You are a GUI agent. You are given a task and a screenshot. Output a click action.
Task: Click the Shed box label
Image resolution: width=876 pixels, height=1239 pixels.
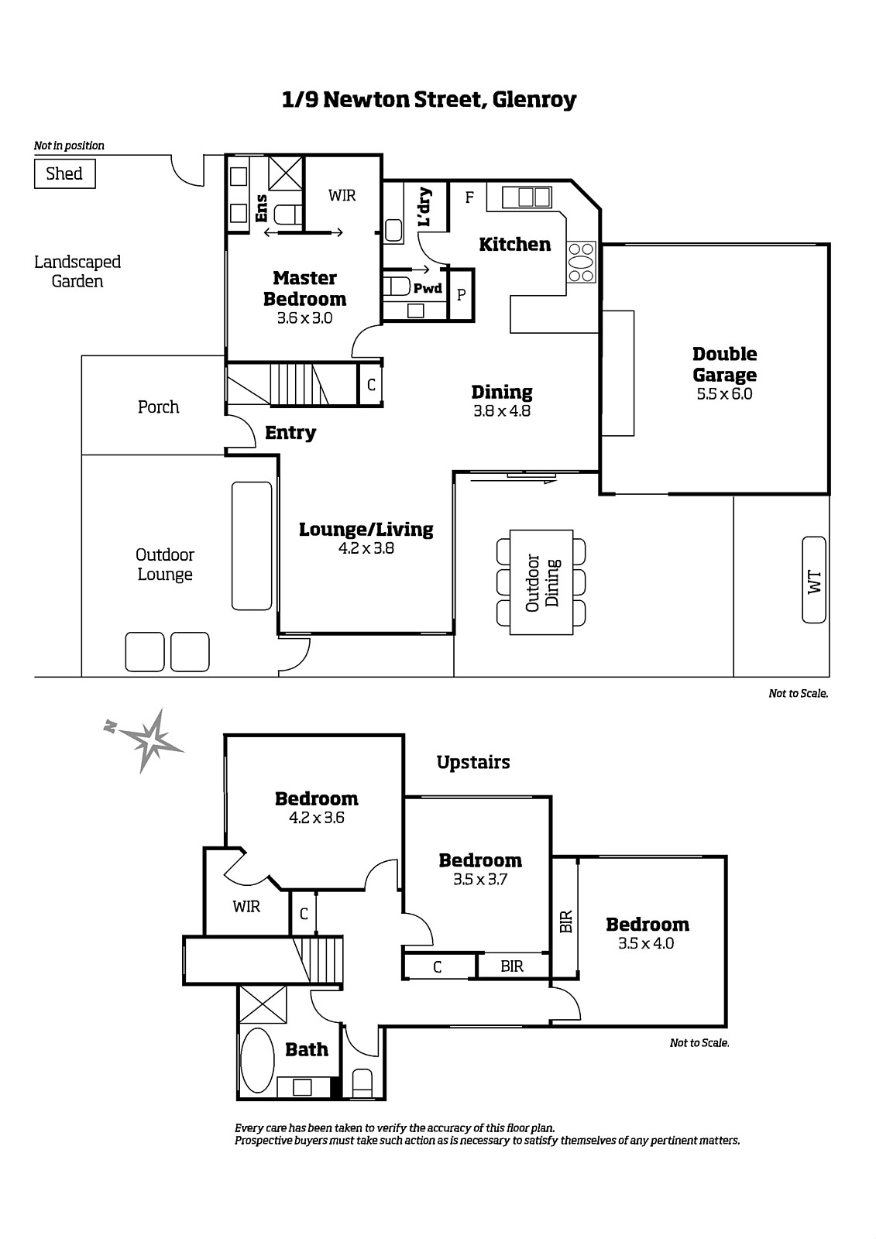click(x=64, y=173)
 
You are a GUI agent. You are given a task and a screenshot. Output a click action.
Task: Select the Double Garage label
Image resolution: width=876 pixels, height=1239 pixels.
click(x=724, y=364)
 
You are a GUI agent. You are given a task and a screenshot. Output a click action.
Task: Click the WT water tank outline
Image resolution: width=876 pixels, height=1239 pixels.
click(x=813, y=580)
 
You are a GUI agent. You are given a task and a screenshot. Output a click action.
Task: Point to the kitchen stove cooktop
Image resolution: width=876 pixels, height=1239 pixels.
click(x=581, y=263)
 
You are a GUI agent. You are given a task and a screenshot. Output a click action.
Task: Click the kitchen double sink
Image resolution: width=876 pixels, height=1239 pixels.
click(x=527, y=197)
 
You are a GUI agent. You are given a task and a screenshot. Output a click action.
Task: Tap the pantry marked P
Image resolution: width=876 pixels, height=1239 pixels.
click(x=461, y=294)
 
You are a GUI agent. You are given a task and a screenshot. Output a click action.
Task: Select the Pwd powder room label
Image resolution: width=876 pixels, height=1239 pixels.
click(x=428, y=288)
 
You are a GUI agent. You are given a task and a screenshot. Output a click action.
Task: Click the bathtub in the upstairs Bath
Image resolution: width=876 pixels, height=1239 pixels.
click(x=258, y=1060)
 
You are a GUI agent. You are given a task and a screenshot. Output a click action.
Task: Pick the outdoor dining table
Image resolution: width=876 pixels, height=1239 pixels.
click(x=541, y=582)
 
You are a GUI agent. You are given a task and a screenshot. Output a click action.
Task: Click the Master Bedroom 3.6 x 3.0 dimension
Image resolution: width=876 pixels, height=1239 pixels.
click(x=305, y=318)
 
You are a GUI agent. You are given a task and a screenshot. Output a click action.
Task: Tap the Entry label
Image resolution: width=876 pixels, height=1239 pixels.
click(x=290, y=433)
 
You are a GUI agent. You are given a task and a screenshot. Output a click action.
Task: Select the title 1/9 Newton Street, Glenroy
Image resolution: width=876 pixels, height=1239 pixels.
click(x=429, y=100)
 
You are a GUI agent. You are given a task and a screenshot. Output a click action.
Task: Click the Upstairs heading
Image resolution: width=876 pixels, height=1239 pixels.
click(x=473, y=762)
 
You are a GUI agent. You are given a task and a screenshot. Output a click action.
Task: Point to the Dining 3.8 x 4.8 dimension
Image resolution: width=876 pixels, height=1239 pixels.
click(x=502, y=411)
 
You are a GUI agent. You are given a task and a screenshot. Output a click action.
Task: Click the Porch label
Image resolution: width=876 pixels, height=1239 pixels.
click(x=158, y=407)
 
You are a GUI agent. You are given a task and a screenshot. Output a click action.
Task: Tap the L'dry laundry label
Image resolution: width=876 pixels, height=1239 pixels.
click(x=424, y=208)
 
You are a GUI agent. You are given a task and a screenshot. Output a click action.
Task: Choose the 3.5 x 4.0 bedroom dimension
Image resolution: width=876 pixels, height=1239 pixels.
click(x=646, y=943)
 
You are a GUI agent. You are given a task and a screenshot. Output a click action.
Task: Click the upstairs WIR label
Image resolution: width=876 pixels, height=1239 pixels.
click(x=246, y=907)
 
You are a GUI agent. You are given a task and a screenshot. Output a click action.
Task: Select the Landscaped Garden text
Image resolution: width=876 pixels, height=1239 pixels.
click(x=77, y=271)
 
